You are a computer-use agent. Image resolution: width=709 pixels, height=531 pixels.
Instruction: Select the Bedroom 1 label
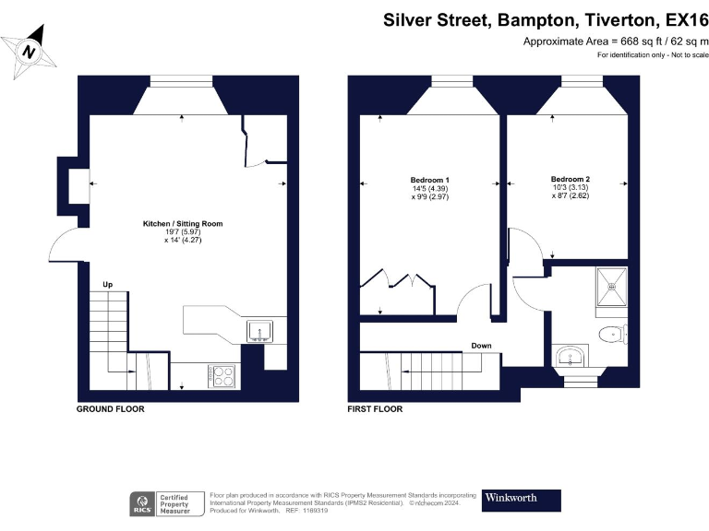pos(429,180)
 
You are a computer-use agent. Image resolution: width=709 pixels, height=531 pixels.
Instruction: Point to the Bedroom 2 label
pos(570,179)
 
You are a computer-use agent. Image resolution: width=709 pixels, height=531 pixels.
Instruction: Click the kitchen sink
pos(258,330)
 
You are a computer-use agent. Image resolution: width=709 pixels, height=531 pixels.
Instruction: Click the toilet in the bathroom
pos(611,333)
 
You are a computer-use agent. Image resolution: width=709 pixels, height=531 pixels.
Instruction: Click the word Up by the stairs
pos(108,284)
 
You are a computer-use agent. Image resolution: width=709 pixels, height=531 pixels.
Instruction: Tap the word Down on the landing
pos(481,346)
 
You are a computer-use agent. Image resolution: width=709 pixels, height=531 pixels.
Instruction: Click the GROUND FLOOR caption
pos(110,408)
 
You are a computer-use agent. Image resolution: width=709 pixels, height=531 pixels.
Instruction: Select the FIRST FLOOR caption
pos(375,408)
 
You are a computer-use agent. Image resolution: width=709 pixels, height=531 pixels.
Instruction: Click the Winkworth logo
pos(522,500)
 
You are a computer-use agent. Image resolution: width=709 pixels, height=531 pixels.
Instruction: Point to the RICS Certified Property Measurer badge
pos(166,503)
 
